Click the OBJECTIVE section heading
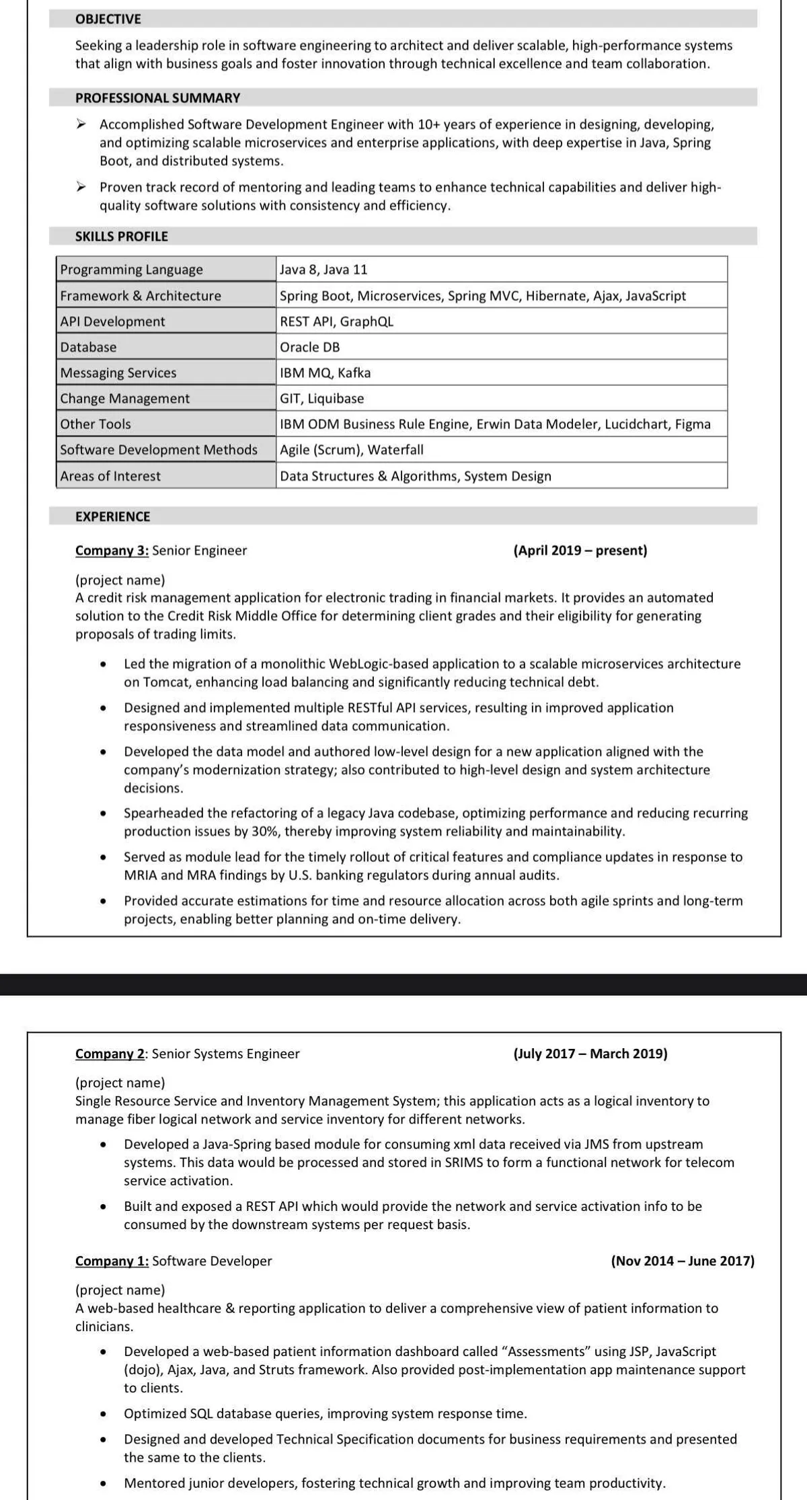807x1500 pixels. pyautogui.click(x=108, y=19)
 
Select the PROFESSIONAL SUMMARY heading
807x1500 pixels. pyautogui.click(x=157, y=97)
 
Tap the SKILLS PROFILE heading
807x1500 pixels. pyautogui.click(x=122, y=236)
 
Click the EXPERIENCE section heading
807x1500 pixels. pyautogui.click(x=113, y=516)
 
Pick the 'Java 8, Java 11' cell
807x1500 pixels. pyautogui.click(x=323, y=270)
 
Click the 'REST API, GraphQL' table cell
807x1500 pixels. pyautogui.click(x=336, y=321)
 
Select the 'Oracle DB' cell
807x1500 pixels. pyautogui.click(x=310, y=347)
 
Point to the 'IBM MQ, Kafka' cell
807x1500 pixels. pyautogui.click(x=325, y=372)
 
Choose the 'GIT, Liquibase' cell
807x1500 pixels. pyautogui.click(x=322, y=398)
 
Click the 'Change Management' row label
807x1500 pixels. pyautogui.click(x=125, y=398)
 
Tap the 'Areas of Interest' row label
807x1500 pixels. pyautogui.click(x=110, y=476)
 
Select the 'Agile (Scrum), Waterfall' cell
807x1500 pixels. pyautogui.click(x=352, y=450)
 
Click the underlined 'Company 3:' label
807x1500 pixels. pyautogui.click(x=112, y=550)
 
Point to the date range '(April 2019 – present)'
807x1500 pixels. pyautogui.click(x=580, y=550)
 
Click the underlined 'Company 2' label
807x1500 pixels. pyautogui.click(x=110, y=1054)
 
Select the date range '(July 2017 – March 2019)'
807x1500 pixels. pyautogui.click(x=590, y=1054)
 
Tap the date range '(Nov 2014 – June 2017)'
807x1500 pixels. pyautogui.click(x=683, y=1261)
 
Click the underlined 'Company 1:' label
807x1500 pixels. pyautogui.click(x=112, y=1261)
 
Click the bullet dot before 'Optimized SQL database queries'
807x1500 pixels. pyautogui.click(x=104, y=1414)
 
